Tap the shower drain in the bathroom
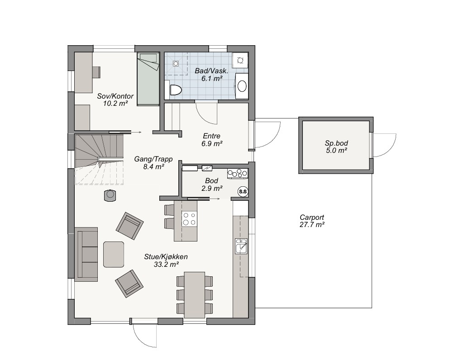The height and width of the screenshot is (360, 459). [x=176, y=63]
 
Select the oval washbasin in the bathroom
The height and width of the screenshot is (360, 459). [x=242, y=86]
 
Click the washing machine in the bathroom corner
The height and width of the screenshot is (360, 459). [x=240, y=60]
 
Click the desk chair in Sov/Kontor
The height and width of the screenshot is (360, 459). [x=96, y=72]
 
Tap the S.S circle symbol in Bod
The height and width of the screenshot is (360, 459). [x=243, y=192]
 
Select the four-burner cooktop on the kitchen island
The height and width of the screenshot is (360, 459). [x=189, y=219]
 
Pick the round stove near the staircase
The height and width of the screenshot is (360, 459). [x=110, y=195]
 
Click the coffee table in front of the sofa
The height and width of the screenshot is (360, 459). [x=114, y=254]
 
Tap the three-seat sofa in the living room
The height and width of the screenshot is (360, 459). [x=86, y=255]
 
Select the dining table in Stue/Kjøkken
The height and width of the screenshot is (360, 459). [x=194, y=295]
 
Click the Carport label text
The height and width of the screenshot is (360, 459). [x=312, y=217]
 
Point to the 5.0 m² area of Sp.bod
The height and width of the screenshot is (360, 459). [x=336, y=151]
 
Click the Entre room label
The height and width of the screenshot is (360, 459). [x=211, y=136]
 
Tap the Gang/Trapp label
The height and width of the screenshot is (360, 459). [x=153, y=159]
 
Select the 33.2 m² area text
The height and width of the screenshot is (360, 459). [x=166, y=265]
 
